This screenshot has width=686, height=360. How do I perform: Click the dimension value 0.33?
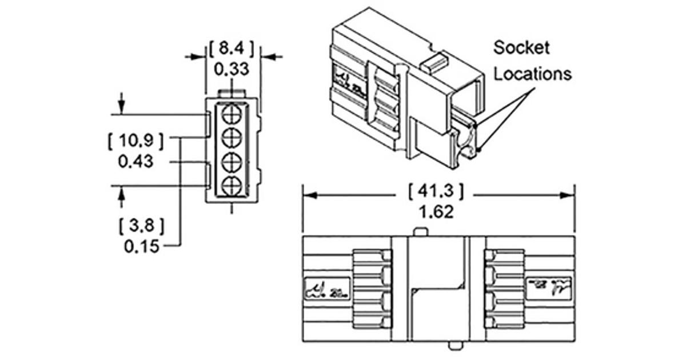pyautogui.click(x=232, y=69)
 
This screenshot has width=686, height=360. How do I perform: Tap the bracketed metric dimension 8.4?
pyautogui.click(x=232, y=49)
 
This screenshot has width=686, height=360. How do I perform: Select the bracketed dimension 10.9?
pyautogui.click(x=135, y=140)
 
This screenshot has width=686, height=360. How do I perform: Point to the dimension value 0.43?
pyautogui.click(x=135, y=162)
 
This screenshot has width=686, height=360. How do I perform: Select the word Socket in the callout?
pyautogui.click(x=521, y=47)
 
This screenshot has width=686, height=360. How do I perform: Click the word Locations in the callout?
pyautogui.click(x=533, y=74)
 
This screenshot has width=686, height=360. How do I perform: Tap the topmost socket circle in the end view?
pyautogui.click(x=231, y=113)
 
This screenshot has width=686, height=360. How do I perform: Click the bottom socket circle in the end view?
pyautogui.click(x=231, y=185)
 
